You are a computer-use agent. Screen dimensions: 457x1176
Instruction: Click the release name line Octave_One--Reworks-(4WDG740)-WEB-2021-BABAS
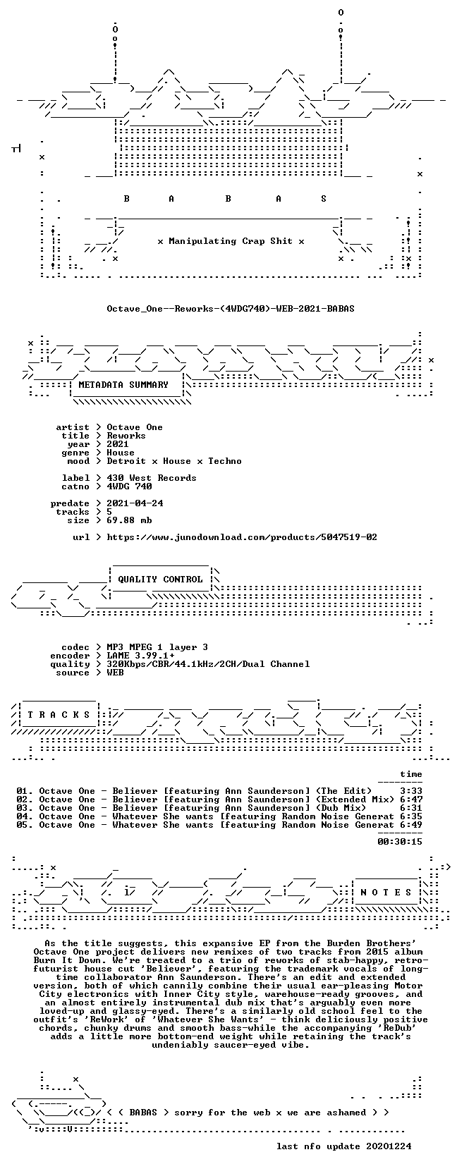230,309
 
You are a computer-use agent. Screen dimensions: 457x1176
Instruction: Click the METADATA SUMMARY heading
123,385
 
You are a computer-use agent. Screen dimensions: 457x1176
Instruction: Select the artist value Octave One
135,427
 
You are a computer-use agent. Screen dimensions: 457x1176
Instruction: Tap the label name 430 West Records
152,478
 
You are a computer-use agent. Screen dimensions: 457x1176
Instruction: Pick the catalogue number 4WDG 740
129,486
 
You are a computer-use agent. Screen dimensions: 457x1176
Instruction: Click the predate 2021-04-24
135,503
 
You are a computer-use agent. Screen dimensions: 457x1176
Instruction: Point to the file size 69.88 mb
129,520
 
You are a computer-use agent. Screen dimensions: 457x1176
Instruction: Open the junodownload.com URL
242,537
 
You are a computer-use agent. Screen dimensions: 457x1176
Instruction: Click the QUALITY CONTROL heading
160,580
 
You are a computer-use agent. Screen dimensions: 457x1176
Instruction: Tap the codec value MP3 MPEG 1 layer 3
157,647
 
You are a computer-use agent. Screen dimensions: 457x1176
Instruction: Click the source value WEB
115,673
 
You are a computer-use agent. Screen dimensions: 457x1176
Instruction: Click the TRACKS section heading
59,714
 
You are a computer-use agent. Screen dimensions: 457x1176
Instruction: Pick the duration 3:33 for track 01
410,790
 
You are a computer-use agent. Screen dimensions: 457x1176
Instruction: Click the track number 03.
22,807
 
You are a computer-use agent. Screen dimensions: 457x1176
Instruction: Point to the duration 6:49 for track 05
410,825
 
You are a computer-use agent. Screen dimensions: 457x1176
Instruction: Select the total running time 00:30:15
400,842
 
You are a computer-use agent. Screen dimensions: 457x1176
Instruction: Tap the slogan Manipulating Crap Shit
230,241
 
